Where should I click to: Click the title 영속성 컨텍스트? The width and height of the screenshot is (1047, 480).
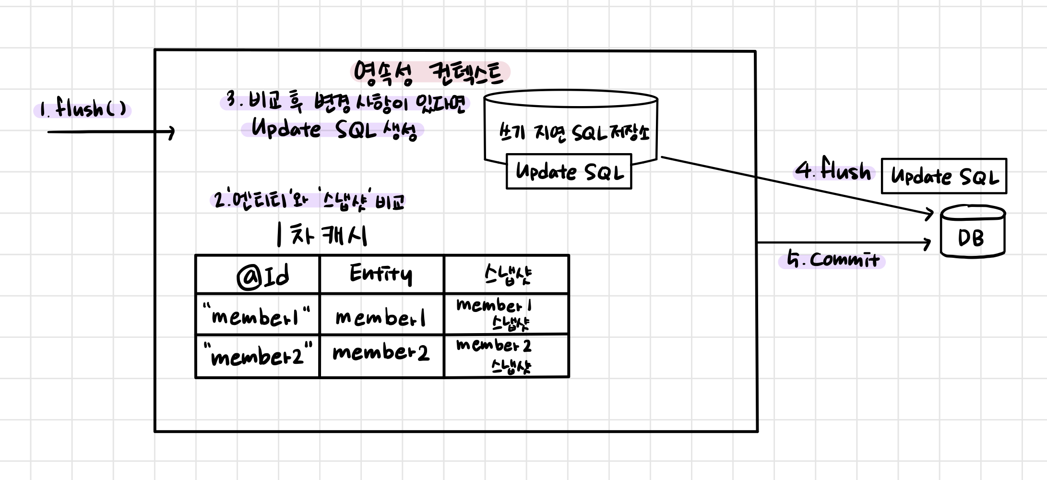tap(429, 73)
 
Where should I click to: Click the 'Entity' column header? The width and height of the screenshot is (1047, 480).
tap(381, 274)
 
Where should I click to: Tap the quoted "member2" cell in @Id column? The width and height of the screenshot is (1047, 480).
tap(258, 356)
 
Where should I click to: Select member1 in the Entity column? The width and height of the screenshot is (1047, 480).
tap(381, 317)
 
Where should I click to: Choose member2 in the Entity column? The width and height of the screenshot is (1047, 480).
tap(381, 353)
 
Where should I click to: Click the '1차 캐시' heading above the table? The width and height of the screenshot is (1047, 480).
tap(322, 235)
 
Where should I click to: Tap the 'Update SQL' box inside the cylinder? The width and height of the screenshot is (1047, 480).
tap(569, 171)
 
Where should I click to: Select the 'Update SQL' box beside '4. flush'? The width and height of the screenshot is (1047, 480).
tap(944, 177)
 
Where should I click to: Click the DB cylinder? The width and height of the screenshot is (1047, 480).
tap(972, 232)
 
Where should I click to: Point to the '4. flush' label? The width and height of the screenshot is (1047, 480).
tap(833, 170)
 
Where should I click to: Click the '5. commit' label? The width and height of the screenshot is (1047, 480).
tap(833, 260)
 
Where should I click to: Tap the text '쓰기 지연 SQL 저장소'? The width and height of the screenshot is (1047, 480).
tap(573, 132)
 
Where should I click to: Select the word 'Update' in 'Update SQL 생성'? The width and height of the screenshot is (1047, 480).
tap(286, 129)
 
